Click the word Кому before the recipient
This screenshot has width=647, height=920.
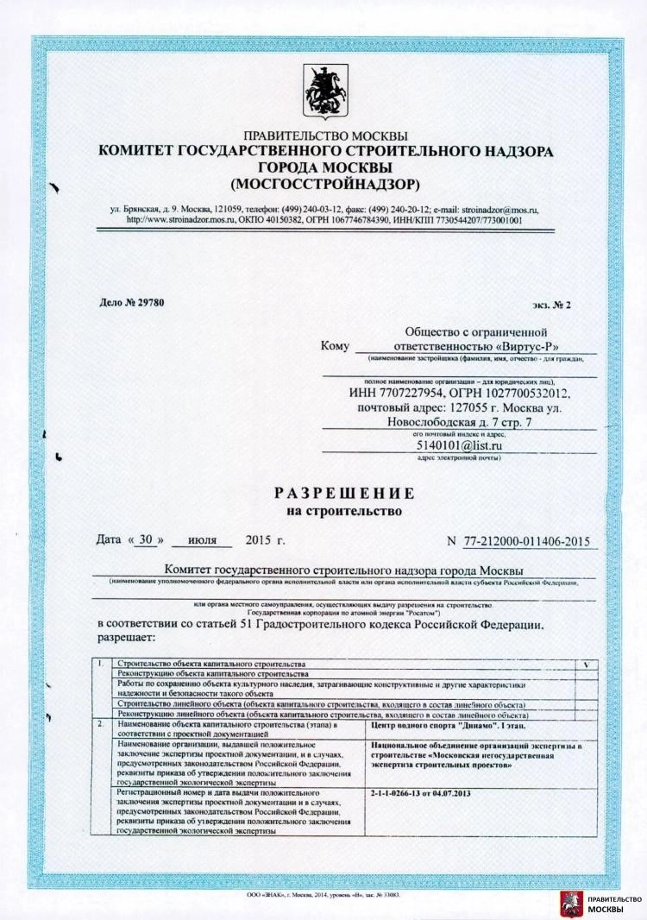pyautogui.click(x=335, y=346)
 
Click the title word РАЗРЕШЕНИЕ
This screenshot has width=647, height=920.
pyautogui.click(x=344, y=494)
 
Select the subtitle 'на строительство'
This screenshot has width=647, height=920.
pyautogui.click(x=344, y=511)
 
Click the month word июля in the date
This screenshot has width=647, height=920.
pyautogui.click(x=201, y=541)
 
